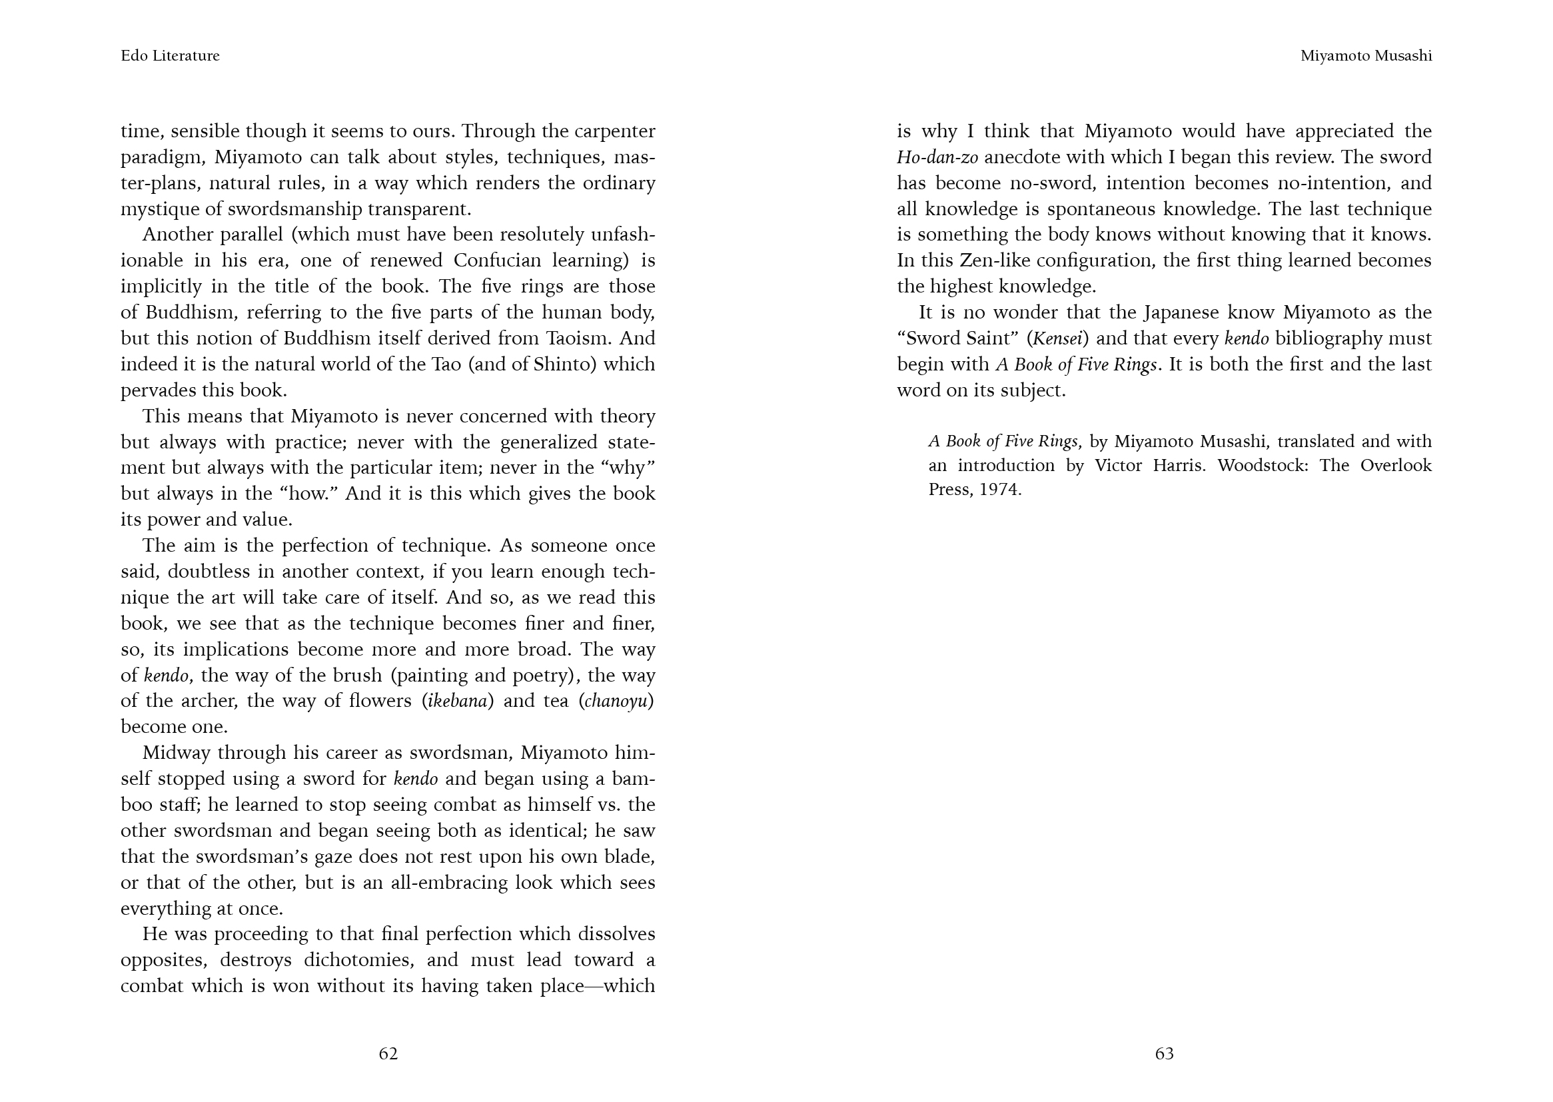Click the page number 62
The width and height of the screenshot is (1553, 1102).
[388, 1053]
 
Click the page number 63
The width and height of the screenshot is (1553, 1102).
[1164, 1053]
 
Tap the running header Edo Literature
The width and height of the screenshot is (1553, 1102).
[171, 56]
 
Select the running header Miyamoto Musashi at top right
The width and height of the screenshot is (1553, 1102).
[1366, 56]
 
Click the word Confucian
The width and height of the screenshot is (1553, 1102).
[497, 261]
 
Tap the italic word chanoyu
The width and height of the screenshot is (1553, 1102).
[616, 700]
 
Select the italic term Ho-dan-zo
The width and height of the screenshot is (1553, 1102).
[937, 157]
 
